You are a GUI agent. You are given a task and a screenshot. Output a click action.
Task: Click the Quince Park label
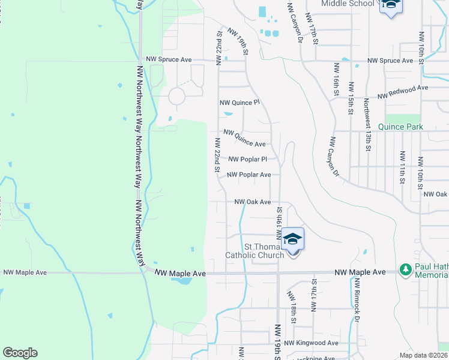click(x=400, y=127)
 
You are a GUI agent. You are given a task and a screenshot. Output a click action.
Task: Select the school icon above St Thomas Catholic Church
click(x=292, y=239)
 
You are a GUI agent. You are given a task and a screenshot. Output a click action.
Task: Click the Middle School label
click(x=348, y=4)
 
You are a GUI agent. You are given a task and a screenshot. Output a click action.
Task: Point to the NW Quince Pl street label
click(x=240, y=103)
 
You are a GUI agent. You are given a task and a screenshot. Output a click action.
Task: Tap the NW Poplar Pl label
click(x=247, y=160)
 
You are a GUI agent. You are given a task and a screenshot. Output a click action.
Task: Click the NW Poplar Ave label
click(x=249, y=175)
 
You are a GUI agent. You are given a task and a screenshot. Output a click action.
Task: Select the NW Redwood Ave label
click(x=402, y=92)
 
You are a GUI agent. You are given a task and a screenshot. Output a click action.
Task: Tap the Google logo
click(x=20, y=353)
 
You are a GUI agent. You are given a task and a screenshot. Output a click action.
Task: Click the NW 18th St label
click(x=292, y=307)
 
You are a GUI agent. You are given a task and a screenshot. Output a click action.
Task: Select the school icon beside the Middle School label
click(x=390, y=6)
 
